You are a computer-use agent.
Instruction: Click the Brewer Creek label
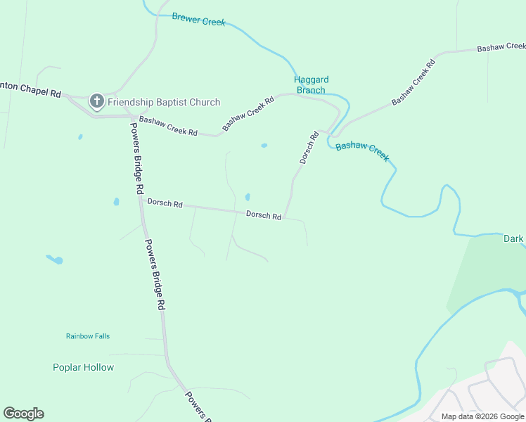198,19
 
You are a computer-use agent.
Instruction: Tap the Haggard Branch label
311,85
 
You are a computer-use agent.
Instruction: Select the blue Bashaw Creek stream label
362,151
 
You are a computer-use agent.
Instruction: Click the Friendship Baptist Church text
164,102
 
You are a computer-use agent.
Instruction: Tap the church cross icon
97,102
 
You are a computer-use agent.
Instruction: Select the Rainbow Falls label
88,336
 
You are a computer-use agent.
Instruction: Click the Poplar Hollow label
83,367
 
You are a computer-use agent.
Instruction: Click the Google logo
23,414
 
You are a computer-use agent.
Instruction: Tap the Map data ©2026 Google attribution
482,416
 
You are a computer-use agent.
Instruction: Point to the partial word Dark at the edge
514,239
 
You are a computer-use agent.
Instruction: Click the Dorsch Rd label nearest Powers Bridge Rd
165,203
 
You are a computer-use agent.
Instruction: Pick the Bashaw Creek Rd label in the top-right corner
501,47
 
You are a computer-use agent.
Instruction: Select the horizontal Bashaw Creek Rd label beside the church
168,126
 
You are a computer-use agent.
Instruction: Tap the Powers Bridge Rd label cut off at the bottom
198,407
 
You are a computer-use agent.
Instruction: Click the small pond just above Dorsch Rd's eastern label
247,197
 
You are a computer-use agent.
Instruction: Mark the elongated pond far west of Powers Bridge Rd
54,260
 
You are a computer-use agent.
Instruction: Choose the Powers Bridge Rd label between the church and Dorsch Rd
137,158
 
